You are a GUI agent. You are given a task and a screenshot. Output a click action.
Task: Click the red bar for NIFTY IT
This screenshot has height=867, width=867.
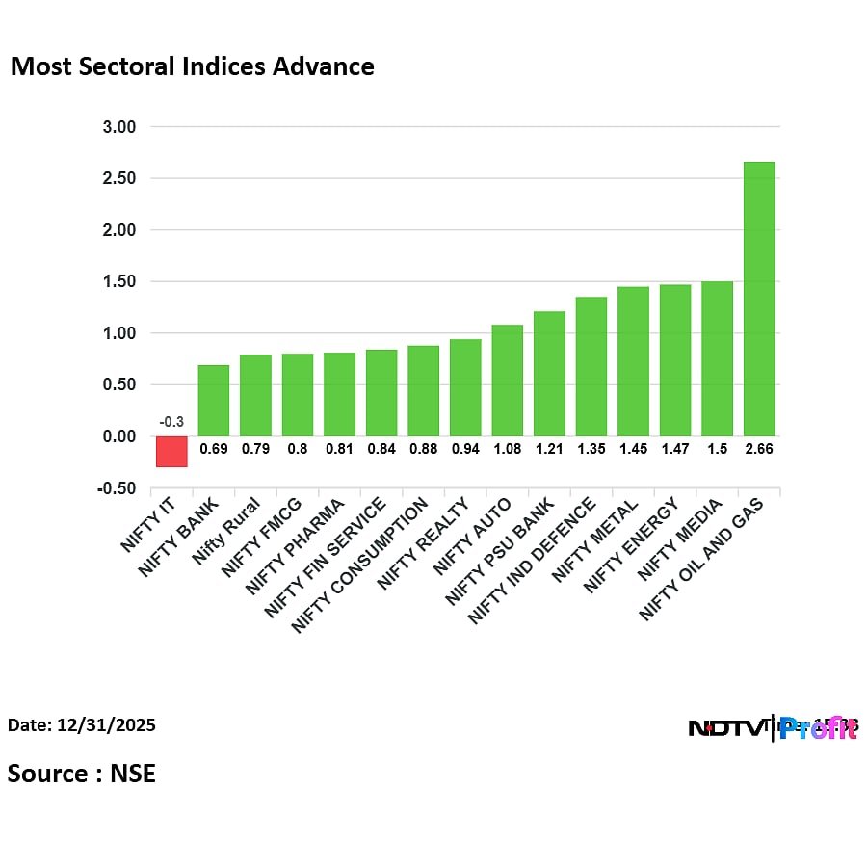(171, 451)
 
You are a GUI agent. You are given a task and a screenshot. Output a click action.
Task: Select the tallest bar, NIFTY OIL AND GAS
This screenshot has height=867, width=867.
(759, 299)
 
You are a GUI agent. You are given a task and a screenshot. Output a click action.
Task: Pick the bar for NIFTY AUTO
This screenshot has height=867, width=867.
(507, 380)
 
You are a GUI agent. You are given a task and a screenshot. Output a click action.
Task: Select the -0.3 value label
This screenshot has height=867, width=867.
(171, 421)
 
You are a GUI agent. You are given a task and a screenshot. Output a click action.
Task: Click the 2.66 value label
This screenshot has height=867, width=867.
(759, 449)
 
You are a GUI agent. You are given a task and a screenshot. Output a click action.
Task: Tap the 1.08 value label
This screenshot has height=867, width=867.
(507, 449)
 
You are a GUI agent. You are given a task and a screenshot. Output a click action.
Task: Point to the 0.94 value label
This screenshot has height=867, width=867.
(464, 449)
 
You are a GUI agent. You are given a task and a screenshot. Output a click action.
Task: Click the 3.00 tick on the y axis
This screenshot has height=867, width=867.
(119, 127)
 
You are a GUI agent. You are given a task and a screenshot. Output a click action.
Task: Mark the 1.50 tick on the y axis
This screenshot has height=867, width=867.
(119, 282)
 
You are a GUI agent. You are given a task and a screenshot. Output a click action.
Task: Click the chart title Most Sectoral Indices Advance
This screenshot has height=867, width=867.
(192, 66)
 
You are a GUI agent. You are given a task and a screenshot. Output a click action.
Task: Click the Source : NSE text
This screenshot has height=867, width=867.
(82, 773)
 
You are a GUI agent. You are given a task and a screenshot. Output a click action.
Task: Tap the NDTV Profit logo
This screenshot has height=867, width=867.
(772, 728)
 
